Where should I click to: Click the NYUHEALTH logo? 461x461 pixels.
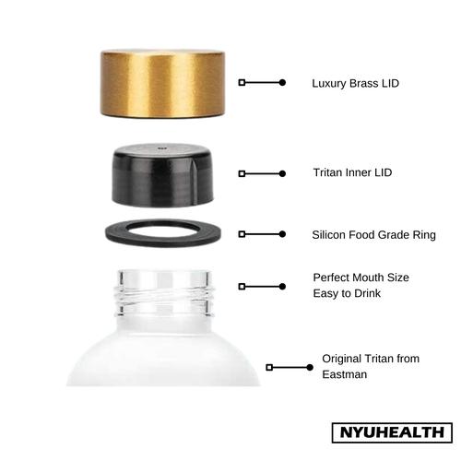pos(391,432)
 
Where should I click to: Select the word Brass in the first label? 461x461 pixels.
pos(367,83)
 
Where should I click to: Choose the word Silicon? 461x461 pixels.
pos(331,235)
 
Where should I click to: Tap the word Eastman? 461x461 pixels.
pos(343,375)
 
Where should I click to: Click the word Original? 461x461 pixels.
pos(342,358)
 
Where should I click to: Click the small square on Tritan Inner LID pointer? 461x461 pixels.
pos(242,173)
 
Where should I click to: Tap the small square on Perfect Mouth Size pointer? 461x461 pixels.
pos(242,287)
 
